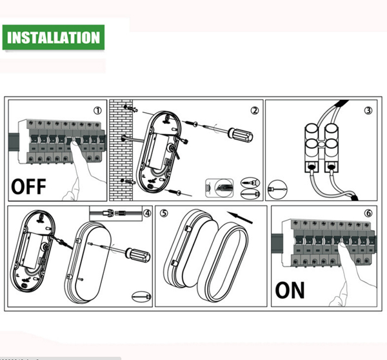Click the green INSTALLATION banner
[x=53, y=37]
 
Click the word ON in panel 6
[x=290, y=290]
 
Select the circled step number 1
[x=97, y=110]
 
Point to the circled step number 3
[x=368, y=110]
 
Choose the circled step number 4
[x=146, y=213]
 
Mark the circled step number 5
[x=164, y=213]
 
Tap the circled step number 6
[x=368, y=214]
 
